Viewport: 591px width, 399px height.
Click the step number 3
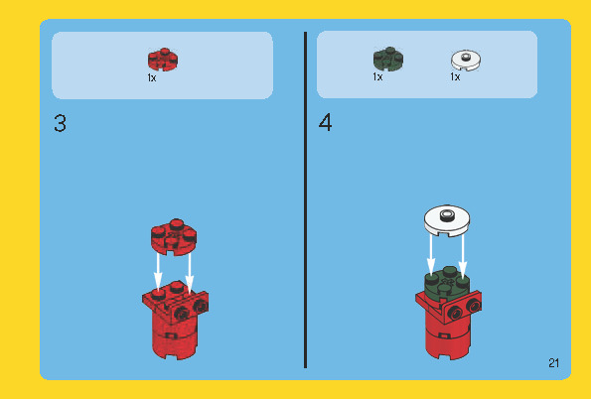tap(60, 124)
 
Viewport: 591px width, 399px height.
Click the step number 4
tap(325, 123)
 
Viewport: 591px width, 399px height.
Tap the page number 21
tap(553, 363)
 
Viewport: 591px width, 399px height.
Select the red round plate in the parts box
tap(163, 60)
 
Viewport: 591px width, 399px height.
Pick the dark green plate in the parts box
tap(388, 59)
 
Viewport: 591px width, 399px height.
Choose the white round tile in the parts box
tap(466, 60)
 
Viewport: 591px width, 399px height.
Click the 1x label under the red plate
tap(152, 78)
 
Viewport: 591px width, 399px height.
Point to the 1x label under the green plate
tap(377, 76)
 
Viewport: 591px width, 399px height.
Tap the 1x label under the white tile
tap(455, 76)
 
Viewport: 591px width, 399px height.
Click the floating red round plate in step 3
tap(174, 236)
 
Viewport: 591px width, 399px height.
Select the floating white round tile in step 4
tap(447, 220)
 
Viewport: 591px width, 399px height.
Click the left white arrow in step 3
tap(158, 271)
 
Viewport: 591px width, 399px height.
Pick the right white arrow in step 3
tap(190, 272)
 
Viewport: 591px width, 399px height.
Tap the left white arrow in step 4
tap(431, 255)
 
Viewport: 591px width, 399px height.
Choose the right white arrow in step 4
tap(463, 257)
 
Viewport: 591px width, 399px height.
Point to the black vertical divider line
tap(305, 200)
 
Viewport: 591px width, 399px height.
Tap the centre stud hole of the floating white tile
tap(447, 214)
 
